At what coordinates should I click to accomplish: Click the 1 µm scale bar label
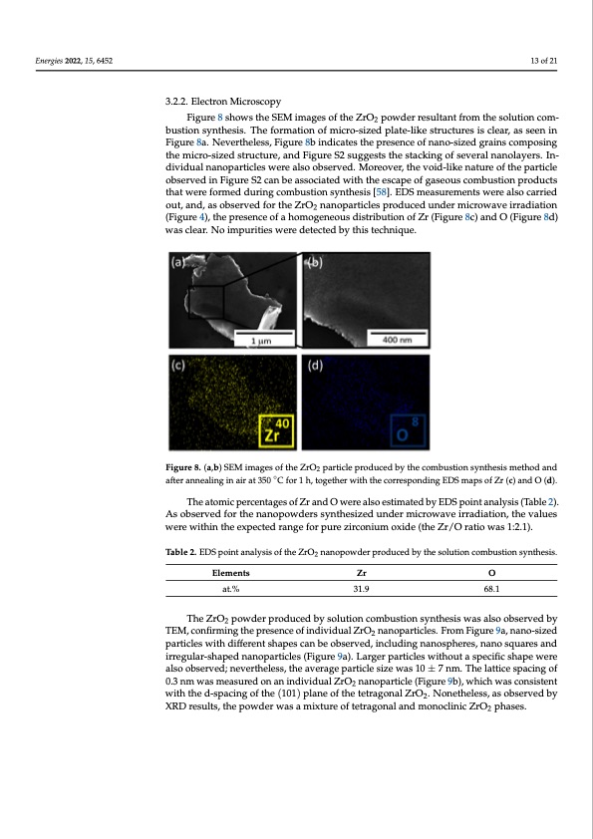pyautogui.click(x=264, y=341)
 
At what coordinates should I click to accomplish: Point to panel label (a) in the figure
pyautogui.click(x=178, y=264)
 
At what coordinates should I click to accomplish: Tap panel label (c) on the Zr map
pyautogui.click(x=178, y=366)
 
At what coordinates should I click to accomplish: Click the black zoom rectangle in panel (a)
pyautogui.click(x=207, y=301)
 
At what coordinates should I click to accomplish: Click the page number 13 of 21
pyautogui.click(x=544, y=62)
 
